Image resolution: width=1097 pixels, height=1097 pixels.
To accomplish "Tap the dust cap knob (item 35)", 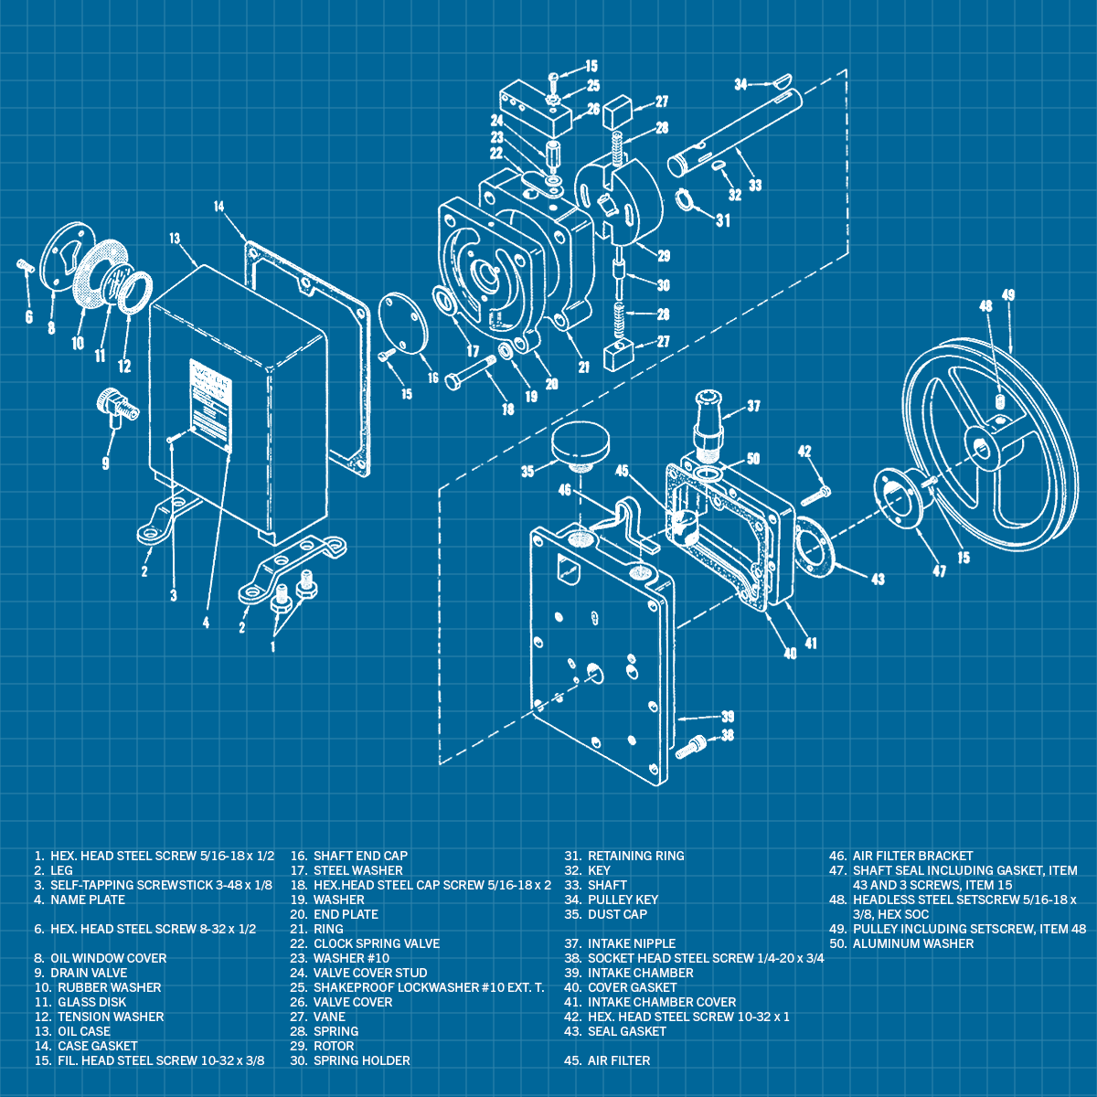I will tap(579, 442).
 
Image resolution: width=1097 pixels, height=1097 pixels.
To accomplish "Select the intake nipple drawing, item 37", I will tap(709, 422).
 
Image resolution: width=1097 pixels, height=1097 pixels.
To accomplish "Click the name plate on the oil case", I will tap(209, 402).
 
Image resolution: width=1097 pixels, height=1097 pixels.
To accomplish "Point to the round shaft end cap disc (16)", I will tap(403, 322).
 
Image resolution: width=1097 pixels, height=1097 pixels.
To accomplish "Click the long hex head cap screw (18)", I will tap(470, 372).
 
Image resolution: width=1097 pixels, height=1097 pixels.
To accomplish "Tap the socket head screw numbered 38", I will tap(692, 747).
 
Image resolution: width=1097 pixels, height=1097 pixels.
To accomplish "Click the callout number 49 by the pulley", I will tap(1007, 295).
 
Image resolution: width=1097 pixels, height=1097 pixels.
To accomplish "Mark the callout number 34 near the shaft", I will tap(742, 84).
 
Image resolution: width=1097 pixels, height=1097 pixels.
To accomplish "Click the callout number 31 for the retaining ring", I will tap(722, 220).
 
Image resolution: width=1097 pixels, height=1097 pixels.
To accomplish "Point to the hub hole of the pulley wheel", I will tap(982, 446).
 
